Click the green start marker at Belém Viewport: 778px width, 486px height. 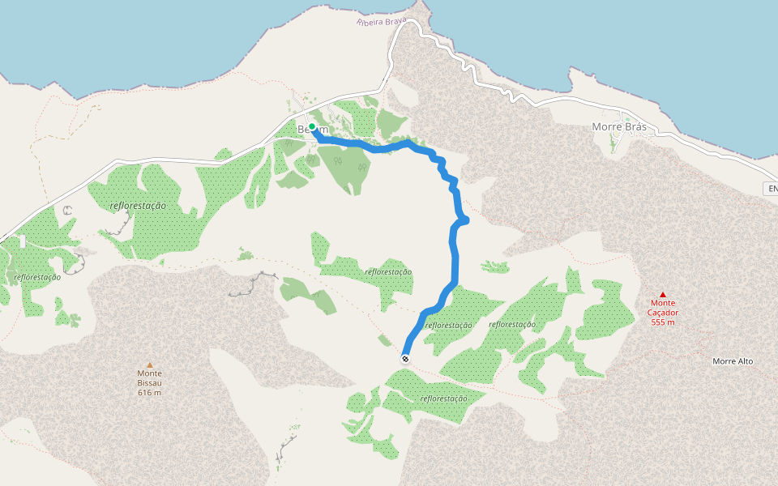(312, 126)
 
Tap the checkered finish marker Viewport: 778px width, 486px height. (405, 358)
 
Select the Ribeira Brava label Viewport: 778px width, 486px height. (381, 20)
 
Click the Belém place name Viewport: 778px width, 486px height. (313, 130)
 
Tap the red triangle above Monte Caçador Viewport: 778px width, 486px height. (663, 295)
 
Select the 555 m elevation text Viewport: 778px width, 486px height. (663, 322)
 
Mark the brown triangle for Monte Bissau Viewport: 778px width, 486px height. (149, 365)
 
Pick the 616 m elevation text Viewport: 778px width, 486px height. (149, 393)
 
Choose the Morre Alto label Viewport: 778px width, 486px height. (733, 361)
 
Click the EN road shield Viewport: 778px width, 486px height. (772, 189)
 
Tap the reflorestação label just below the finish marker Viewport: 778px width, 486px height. (444, 399)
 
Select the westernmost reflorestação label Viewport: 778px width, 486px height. (37, 277)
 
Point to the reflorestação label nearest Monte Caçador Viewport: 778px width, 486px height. (512, 324)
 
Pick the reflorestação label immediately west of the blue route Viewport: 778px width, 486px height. (389, 272)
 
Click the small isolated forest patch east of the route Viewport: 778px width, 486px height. (494, 266)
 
